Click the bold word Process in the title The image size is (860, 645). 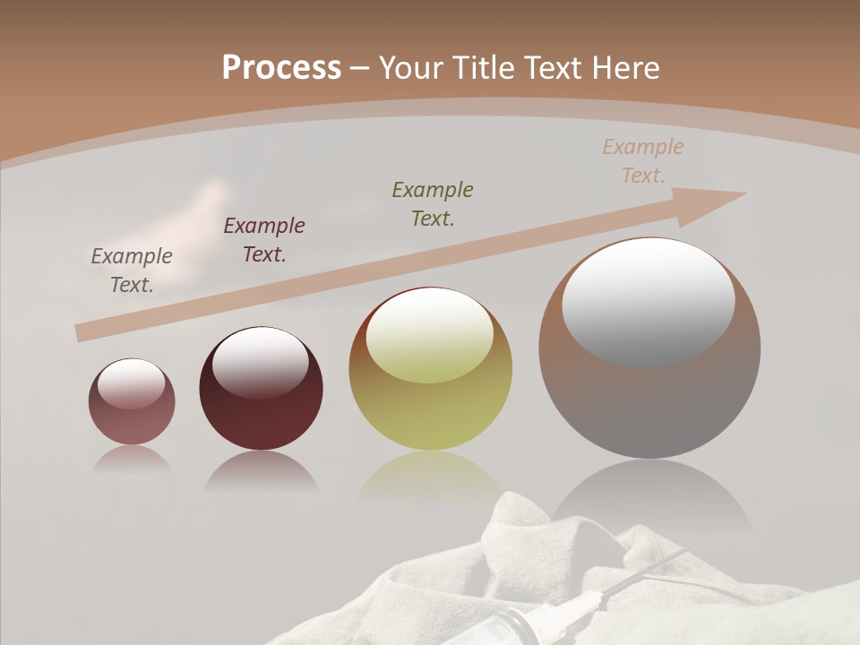point(281,68)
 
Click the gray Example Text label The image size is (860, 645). point(132,271)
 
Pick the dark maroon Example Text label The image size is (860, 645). point(264,240)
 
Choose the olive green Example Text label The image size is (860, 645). point(433,203)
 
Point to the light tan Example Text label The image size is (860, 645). point(643,161)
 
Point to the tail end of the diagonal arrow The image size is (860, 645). point(82,332)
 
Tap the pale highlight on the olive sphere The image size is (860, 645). point(430,336)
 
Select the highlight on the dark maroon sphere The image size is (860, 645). point(260,362)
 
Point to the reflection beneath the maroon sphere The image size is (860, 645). point(261,471)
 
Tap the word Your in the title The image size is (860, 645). point(411,68)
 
